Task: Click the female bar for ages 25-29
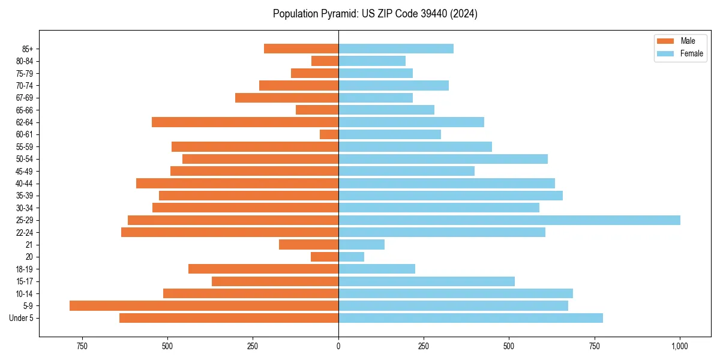[509, 220]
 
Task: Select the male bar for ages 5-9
[204, 305]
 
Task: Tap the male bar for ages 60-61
[329, 134]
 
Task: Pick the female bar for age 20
[351, 257]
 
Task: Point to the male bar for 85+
[301, 49]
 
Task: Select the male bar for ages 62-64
[245, 122]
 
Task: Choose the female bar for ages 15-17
[427, 281]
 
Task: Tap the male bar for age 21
[308, 244]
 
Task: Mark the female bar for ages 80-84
[372, 61]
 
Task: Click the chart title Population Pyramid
[375, 14]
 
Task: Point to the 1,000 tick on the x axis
[680, 346]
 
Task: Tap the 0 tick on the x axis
[338, 346]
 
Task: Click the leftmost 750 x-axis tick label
[82, 346]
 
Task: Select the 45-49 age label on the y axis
[24, 171]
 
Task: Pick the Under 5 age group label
[22, 318]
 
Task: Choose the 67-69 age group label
[24, 98]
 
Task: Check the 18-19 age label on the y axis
[24, 269]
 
